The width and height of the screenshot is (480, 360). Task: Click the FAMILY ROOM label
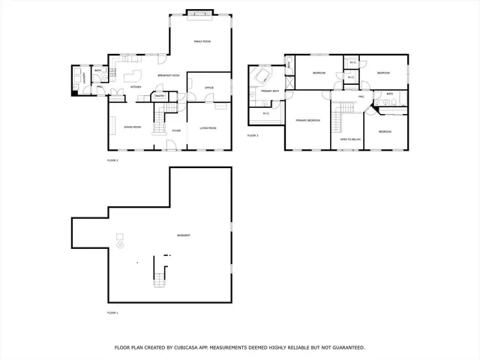coord(202,40)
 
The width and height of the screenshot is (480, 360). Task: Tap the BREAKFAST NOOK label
coord(169,76)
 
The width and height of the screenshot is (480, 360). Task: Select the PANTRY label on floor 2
coord(160,96)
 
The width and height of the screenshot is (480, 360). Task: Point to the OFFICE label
coord(209,88)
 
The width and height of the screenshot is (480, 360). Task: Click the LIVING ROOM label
coord(208,128)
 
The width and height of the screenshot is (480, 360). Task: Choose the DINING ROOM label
coord(133,128)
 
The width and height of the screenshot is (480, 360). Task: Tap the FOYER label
coord(176,130)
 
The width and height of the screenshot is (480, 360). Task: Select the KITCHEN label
coord(136,87)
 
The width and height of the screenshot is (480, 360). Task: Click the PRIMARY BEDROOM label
coord(307,120)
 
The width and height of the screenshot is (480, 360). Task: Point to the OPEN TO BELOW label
coord(350,139)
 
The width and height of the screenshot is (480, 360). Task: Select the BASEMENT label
coord(183,235)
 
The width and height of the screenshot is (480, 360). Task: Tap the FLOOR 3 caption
coord(253,136)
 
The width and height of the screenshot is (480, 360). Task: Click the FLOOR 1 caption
coord(112,313)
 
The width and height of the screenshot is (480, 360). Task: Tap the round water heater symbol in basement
coord(120,245)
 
